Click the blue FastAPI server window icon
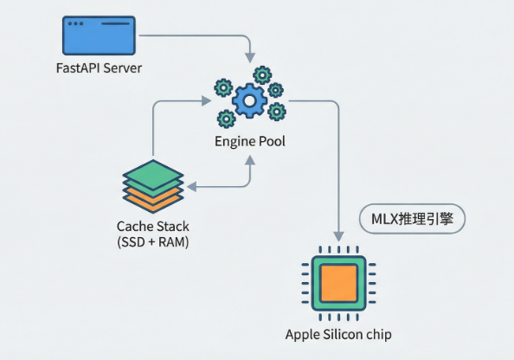pyautogui.click(x=99, y=35)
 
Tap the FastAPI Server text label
pyautogui.click(x=99, y=68)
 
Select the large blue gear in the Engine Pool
pyautogui.click(x=249, y=100)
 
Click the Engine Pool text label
pyautogui.click(x=250, y=141)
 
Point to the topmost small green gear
pyautogui.click(x=262, y=75)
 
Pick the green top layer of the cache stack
pyautogui.click(x=153, y=174)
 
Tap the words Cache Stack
pyautogui.click(x=153, y=226)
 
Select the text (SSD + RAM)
pyautogui.click(x=153, y=242)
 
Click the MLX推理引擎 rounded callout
pyautogui.click(x=413, y=219)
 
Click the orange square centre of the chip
pyautogui.click(x=338, y=283)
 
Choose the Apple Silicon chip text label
pyautogui.click(x=338, y=335)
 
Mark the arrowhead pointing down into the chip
pyautogui.click(x=338, y=236)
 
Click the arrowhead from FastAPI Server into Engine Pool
pyautogui.click(x=250, y=57)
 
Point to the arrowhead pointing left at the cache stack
pyautogui.click(x=192, y=187)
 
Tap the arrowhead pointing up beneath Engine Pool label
pyautogui.click(x=250, y=160)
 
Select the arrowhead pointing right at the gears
pyautogui.click(x=206, y=100)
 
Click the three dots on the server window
pyautogui.click(x=75, y=23)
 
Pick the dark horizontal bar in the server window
pyautogui.click(x=115, y=23)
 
